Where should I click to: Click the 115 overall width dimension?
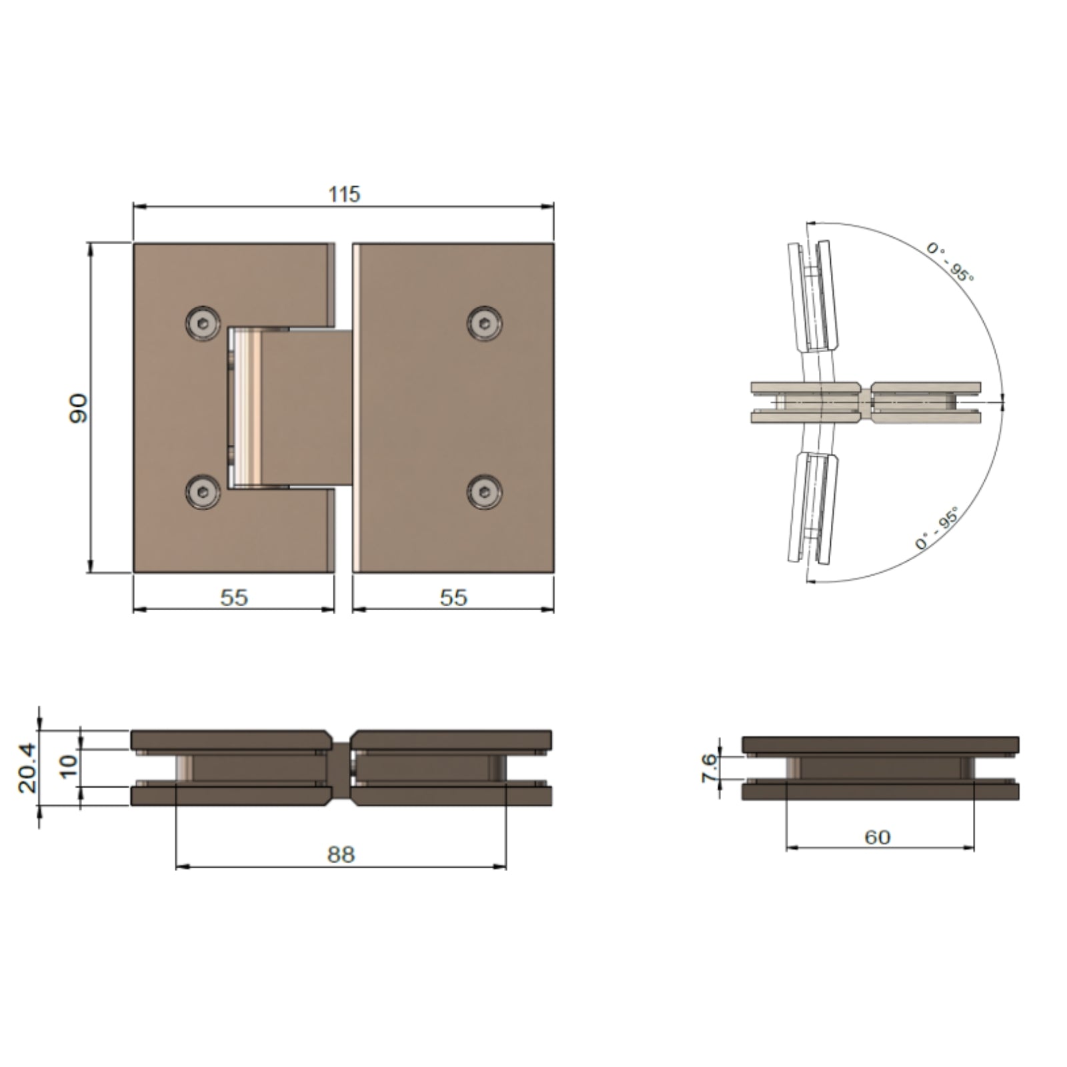click(344, 195)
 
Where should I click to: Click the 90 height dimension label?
click(79, 408)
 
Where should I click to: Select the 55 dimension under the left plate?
click(234, 598)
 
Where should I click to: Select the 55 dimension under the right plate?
click(453, 598)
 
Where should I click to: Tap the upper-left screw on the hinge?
click(202, 324)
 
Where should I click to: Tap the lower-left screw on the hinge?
click(202, 492)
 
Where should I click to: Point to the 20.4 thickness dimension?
click(27, 769)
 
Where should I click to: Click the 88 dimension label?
click(341, 855)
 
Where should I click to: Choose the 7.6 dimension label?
click(710, 768)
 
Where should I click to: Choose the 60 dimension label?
click(878, 837)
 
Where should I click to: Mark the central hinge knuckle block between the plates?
click(307, 407)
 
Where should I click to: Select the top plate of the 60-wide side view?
click(880, 745)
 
